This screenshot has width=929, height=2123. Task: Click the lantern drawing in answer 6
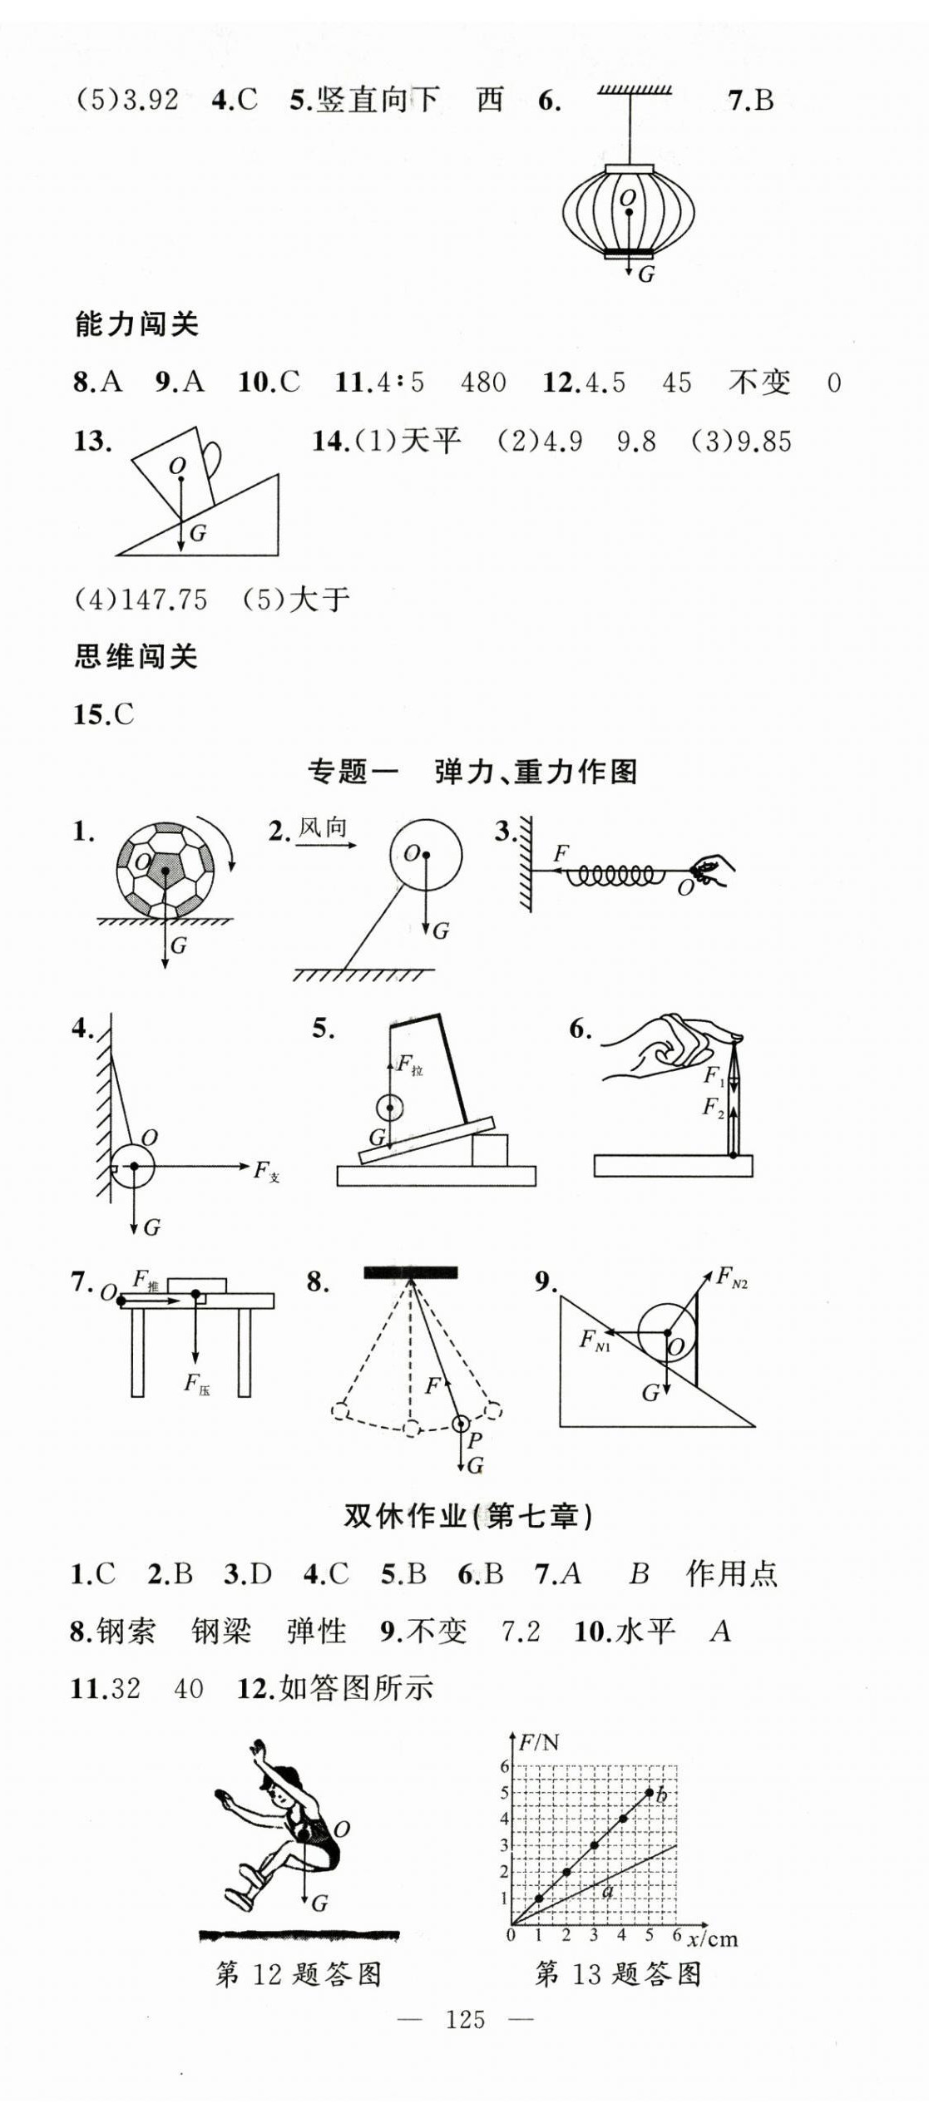pyautogui.click(x=628, y=211)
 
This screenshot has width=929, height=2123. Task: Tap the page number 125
pyautogui.click(x=464, y=2018)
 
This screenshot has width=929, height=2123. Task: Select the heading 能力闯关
pyautogui.click(x=136, y=323)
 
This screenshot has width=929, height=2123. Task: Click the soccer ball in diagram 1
pyautogui.click(x=166, y=870)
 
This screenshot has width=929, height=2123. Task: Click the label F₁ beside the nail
pyautogui.click(x=714, y=1076)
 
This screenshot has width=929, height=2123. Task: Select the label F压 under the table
pyautogui.click(x=196, y=1384)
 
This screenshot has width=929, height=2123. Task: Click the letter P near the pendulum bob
pyautogui.click(x=475, y=1440)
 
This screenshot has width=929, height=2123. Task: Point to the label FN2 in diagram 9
pyautogui.click(x=732, y=1276)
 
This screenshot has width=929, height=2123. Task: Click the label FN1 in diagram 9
pyautogui.click(x=594, y=1340)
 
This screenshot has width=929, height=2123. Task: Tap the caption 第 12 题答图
pyautogui.click(x=299, y=1973)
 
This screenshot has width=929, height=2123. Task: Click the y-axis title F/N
pyautogui.click(x=539, y=1741)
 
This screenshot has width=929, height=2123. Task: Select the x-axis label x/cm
pyautogui.click(x=712, y=1938)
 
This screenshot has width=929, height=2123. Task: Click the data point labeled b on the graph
pyautogui.click(x=650, y=1792)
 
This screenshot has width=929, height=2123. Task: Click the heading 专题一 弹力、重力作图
pyautogui.click(x=472, y=772)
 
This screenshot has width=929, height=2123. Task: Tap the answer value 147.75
pyautogui.click(x=164, y=599)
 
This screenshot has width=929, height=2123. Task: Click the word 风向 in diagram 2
pyautogui.click(x=322, y=827)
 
